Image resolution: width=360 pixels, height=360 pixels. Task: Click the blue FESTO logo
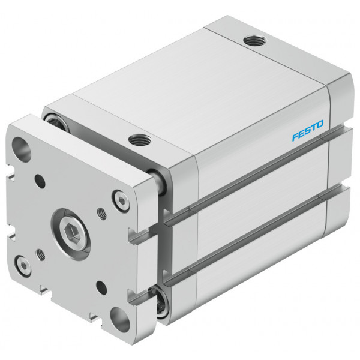308,130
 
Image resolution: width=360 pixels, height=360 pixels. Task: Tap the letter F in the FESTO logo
296,136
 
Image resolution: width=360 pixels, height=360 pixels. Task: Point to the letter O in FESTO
319,124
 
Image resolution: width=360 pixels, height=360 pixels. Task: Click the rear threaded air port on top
255,41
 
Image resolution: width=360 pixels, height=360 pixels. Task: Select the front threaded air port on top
140,139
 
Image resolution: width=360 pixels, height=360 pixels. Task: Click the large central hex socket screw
71,234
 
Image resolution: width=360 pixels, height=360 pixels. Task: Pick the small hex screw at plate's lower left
23,265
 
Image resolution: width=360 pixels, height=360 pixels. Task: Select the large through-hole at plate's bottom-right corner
119,320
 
